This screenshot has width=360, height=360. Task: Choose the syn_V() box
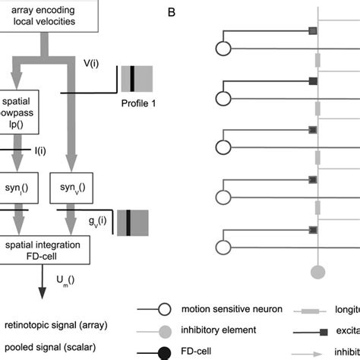(71, 188)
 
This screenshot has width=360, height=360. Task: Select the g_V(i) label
(97, 224)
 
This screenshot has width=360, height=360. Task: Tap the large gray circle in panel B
(317, 271)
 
